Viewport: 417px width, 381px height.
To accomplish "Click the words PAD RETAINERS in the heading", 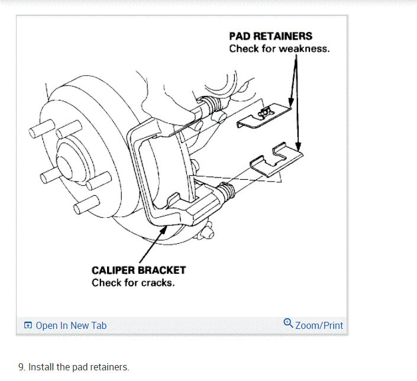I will [x=270, y=37].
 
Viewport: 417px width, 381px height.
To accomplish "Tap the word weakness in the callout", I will [x=304, y=49].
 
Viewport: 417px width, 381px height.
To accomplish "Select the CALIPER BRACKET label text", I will [x=138, y=270].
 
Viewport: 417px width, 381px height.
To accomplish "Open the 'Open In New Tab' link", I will [x=71, y=325].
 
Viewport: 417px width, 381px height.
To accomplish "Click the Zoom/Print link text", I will [x=319, y=325].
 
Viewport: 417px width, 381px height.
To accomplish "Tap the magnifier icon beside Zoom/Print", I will [x=288, y=323].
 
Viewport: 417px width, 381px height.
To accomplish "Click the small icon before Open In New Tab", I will [x=28, y=325].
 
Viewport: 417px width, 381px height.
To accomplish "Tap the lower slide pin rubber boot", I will [x=228, y=192].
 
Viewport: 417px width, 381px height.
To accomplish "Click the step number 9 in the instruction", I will [x=21, y=367].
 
